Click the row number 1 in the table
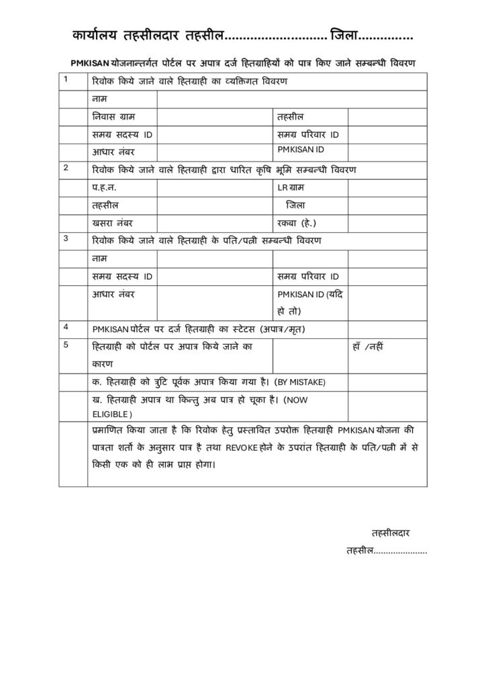pos(66,80)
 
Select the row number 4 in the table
pos(66,327)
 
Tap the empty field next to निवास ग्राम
pos(214,117)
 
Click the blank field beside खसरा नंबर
pos(214,222)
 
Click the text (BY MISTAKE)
pos(300,382)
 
